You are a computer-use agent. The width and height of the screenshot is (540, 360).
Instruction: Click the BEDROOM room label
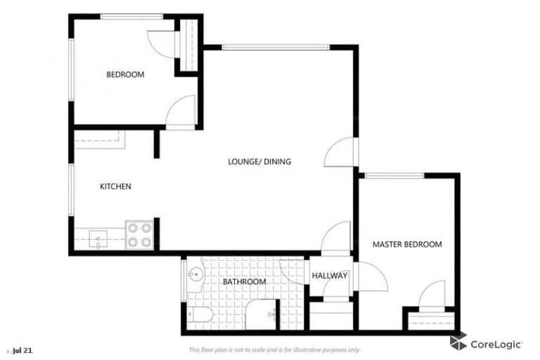point(125,74)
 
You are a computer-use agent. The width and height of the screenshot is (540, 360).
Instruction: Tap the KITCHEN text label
point(115,186)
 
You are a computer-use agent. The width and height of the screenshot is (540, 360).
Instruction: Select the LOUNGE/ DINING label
point(259,162)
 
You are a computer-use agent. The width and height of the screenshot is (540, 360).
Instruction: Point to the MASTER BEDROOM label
point(407,245)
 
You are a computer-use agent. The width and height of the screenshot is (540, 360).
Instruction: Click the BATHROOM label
point(244,282)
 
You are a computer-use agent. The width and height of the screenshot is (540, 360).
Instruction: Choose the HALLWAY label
point(330,276)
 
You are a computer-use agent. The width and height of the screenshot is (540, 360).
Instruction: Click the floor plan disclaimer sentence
point(274,350)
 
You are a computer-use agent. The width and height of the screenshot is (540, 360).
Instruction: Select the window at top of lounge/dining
point(276,48)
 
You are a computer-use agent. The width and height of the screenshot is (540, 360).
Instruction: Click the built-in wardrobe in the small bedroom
point(189,45)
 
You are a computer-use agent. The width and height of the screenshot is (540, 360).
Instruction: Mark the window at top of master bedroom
point(394,175)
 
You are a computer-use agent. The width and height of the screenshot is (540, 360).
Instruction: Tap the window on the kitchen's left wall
point(71,189)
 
